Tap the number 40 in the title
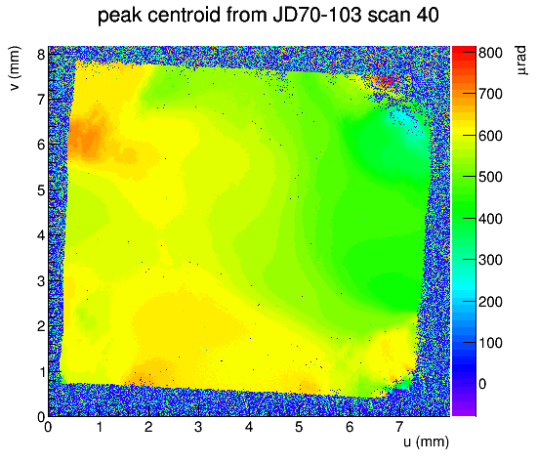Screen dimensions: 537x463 tap(428, 15)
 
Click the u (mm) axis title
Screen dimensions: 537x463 tap(426, 442)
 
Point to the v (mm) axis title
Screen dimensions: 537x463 tap(15, 68)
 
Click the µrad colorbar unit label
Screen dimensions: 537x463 tap(520, 60)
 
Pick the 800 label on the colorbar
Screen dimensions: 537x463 tap(490, 53)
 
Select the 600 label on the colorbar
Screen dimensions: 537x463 tap(490, 136)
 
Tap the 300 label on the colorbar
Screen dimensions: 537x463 tap(490, 260)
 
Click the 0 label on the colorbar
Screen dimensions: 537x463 tap(482, 384)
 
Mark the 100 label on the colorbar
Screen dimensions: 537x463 tap(490, 343)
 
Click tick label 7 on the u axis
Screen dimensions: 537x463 tap(399, 427)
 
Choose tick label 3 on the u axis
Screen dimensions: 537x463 tap(198, 427)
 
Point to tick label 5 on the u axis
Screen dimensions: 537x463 tap(299, 427)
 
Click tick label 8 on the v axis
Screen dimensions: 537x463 tap(41, 54)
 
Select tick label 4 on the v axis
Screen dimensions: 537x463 tap(41, 235)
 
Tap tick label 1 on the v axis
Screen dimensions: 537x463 tap(41, 371)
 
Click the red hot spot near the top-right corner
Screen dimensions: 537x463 tap(384, 82)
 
